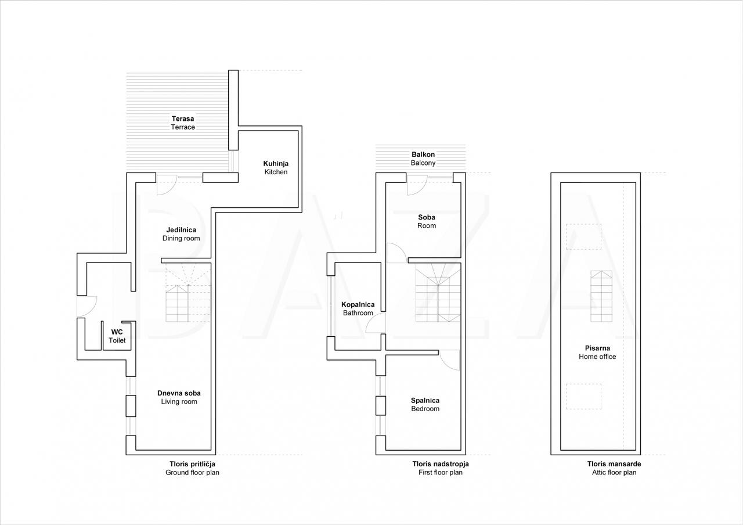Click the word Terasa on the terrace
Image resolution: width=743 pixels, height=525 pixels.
pos(183,118)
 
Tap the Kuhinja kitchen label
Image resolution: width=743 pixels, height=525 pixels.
pos(276,168)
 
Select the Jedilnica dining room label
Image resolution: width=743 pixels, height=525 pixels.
pos(181,234)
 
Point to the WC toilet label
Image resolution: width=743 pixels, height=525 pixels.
pos(117,336)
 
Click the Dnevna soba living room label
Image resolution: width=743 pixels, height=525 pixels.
pos(179,397)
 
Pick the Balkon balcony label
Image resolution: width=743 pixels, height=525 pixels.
pos(423,159)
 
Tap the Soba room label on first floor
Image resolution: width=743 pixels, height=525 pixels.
pos(427,221)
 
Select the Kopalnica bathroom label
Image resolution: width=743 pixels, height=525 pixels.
pos(358,308)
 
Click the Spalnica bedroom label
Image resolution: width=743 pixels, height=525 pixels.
pos(425,405)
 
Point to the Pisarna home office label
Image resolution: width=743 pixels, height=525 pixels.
pos(597,353)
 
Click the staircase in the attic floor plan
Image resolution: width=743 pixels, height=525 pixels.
pos(601,296)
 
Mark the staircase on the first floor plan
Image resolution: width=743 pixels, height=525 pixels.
pos(438,293)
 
